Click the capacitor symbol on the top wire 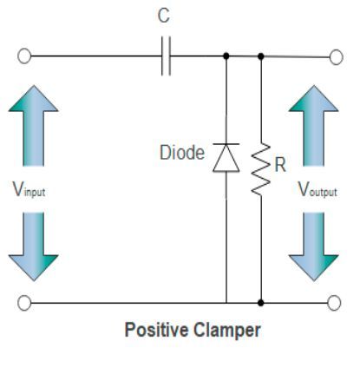[x=168, y=57]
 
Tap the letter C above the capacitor [x=165, y=16]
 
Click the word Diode [x=181, y=154]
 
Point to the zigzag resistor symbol [x=260, y=170]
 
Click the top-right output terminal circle [x=336, y=57]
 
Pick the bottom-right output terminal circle [x=336, y=303]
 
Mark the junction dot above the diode [x=226, y=57]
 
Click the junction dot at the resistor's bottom [x=261, y=303]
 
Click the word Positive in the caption [x=154, y=331]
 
